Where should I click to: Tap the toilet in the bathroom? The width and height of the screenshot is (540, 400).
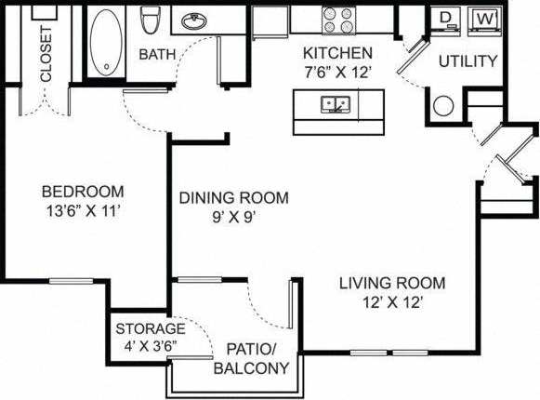pyautogui.click(x=151, y=23)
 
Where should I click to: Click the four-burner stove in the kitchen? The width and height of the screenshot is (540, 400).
pyautogui.click(x=338, y=19)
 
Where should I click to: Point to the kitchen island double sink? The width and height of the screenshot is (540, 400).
pyautogui.click(x=335, y=103)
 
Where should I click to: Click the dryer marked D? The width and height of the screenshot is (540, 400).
pyautogui.click(x=447, y=20)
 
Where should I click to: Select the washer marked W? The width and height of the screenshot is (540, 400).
pyautogui.click(x=483, y=20)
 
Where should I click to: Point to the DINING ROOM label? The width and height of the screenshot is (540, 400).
pyautogui.click(x=233, y=198)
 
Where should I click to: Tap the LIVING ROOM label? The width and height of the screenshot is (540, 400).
pyautogui.click(x=391, y=283)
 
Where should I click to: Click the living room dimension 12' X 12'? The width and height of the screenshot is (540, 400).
pyautogui.click(x=391, y=301)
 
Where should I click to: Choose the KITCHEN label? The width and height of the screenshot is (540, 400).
pyautogui.click(x=338, y=53)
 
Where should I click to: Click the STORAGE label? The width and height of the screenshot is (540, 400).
pyautogui.click(x=151, y=328)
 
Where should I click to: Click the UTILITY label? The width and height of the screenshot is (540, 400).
pyautogui.click(x=468, y=61)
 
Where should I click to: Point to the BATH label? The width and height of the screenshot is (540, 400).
pyautogui.click(x=157, y=55)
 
